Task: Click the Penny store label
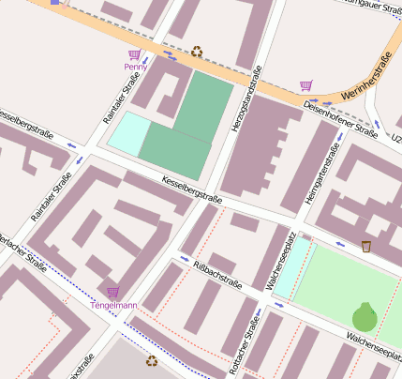136,67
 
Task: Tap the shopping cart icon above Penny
135,54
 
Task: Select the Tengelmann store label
113,305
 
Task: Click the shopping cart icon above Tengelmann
113,293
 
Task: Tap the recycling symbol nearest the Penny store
197,52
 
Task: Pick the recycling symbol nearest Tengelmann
151,359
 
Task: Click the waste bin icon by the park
366,247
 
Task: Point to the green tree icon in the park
365,316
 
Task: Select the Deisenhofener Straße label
340,120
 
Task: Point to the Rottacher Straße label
250,352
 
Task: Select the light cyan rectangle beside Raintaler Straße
128,134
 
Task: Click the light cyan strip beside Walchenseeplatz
292,267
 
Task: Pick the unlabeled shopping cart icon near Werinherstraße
305,85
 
